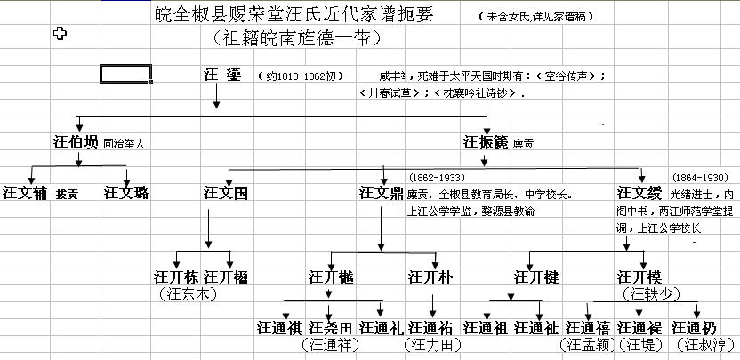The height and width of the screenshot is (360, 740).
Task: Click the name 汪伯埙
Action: pos(76,141)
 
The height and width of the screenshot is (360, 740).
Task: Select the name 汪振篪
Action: pos(485,141)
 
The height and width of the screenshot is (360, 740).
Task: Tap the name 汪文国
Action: pos(226,192)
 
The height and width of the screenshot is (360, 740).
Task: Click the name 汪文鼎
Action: pos(381,192)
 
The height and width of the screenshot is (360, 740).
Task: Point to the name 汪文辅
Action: pos(26,192)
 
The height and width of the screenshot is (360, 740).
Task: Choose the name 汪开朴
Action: pos(430,277)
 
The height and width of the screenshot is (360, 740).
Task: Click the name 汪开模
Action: pos(640,277)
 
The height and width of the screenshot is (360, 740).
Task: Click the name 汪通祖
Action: pos(487,327)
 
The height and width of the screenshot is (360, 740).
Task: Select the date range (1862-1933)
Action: pos(440,177)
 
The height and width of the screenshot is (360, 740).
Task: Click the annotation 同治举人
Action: pos(125,142)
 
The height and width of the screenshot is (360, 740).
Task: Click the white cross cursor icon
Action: pos(60,34)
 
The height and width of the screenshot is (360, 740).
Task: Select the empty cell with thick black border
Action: pos(125,74)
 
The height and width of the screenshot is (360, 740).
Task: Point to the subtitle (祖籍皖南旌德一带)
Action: pos(298,37)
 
